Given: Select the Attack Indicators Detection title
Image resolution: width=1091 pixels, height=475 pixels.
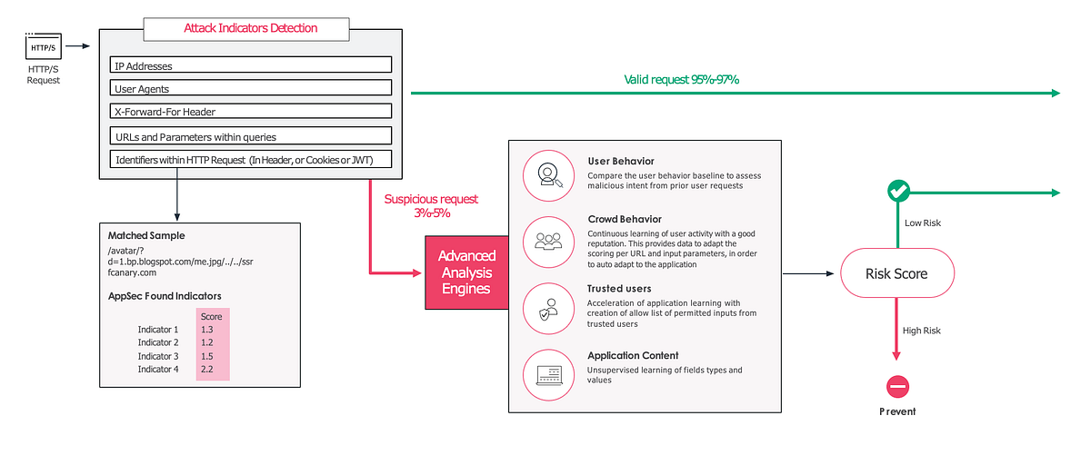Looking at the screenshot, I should [251, 28].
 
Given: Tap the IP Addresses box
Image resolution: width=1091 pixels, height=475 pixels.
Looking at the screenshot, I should [250, 65].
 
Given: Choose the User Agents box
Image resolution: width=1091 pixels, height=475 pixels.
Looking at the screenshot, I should [250, 88].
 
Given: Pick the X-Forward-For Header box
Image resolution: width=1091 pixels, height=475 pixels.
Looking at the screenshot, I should [250, 112].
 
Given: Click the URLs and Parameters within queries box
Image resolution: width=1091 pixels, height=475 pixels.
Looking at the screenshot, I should [250, 136].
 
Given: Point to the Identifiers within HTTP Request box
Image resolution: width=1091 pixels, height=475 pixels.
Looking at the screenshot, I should [250, 160].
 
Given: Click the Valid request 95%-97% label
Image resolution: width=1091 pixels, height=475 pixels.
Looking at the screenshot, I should [681, 80].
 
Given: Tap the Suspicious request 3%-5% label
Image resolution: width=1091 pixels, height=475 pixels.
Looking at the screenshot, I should [431, 206].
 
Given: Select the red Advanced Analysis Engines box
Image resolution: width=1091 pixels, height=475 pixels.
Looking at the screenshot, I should [466, 272].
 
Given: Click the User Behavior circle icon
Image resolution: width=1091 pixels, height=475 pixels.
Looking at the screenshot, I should [549, 173].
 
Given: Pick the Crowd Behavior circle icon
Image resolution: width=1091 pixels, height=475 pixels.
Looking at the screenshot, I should [549, 241].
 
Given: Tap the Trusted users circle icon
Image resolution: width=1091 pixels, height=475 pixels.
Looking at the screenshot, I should [549, 308].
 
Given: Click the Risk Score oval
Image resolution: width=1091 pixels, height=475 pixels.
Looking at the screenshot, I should [896, 273].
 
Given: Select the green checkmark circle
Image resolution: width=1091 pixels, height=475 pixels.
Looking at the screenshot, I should [897, 192].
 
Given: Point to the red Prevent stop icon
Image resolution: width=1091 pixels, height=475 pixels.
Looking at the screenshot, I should [897, 387].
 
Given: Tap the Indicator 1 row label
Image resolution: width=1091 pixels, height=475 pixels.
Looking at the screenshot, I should [158, 330].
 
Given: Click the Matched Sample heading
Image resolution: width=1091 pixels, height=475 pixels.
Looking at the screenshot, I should [145, 235].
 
